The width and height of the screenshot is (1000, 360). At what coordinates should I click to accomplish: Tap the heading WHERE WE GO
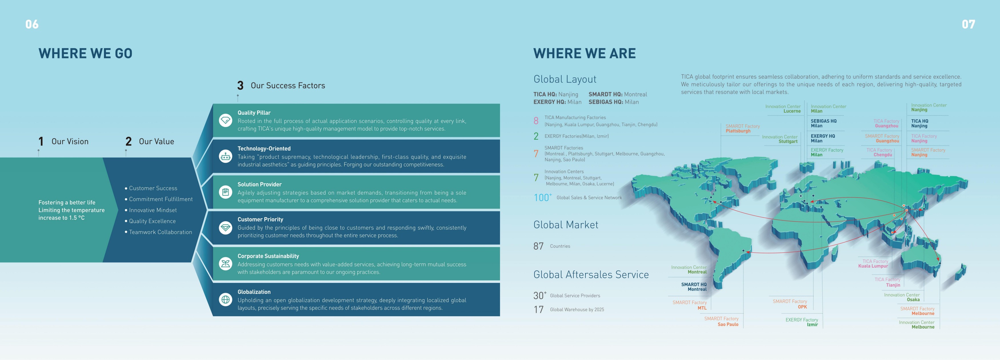click(85, 53)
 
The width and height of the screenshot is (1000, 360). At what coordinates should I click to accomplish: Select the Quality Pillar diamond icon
click(225, 120)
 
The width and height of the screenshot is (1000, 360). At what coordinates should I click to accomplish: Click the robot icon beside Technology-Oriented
click(225, 156)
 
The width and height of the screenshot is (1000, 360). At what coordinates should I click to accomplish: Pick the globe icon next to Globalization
click(225, 299)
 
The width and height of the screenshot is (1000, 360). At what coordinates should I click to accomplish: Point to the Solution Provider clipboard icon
click(225, 192)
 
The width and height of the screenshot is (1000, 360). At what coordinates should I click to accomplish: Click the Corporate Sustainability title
click(268, 256)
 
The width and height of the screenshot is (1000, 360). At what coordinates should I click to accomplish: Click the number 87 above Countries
click(539, 246)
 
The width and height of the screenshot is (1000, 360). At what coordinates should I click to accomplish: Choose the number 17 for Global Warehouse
click(539, 309)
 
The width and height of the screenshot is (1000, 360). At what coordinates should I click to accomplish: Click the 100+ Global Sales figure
click(543, 197)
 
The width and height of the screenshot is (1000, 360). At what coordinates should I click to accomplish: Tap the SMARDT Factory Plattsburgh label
click(743, 129)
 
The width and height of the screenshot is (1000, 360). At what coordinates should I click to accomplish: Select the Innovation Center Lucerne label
click(783, 109)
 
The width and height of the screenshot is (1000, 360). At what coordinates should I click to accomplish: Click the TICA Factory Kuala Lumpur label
click(873, 264)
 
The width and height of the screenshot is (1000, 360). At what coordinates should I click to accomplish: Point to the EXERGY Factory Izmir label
click(802, 322)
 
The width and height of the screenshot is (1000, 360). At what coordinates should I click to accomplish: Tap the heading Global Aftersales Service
click(591, 275)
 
